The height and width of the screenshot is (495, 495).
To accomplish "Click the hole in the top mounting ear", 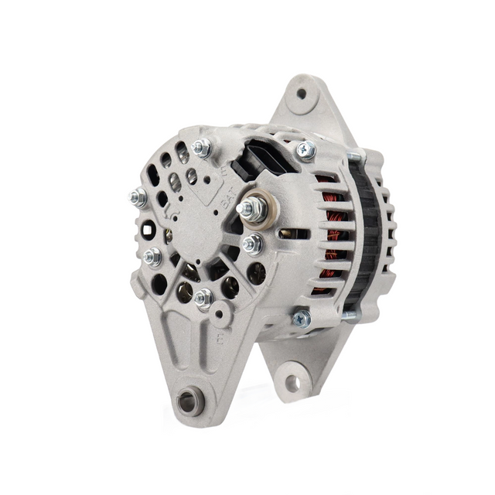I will [301, 94].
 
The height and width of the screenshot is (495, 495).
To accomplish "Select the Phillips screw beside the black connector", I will [306, 151].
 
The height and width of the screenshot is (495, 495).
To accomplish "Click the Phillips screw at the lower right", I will [302, 318].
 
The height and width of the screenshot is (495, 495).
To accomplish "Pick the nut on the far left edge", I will [139, 197].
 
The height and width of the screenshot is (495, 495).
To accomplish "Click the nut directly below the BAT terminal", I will [251, 245].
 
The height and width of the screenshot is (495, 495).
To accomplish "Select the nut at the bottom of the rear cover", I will [203, 298].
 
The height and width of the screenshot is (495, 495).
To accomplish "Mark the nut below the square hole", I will [153, 257].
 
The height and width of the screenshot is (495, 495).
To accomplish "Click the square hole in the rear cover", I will [148, 228].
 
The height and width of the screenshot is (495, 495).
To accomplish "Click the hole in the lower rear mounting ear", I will [292, 382].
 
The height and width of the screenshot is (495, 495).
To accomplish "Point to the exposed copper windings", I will [331, 232].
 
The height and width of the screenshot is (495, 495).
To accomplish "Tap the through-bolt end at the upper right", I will [354, 157].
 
